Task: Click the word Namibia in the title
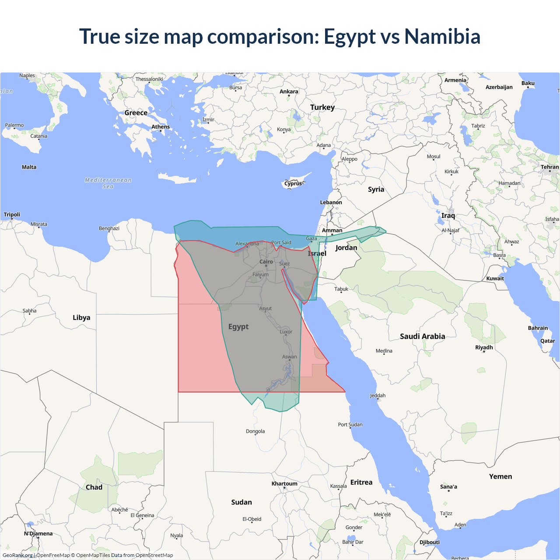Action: [442, 36]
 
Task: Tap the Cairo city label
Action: [266, 262]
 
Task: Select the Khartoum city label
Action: [284, 483]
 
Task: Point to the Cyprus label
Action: [293, 184]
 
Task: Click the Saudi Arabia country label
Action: [422, 336]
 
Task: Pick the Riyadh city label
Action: [484, 347]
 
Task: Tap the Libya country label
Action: [81, 318]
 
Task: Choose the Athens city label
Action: [161, 127]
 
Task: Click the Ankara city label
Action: [289, 91]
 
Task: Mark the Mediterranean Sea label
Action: [108, 183]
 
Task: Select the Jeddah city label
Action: [378, 395]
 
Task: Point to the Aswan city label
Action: [289, 357]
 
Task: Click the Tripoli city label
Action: [12, 214]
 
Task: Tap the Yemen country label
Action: [500, 476]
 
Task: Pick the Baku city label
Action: [528, 83]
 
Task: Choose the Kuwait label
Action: [495, 278]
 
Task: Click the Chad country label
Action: [94, 487]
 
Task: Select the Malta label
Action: [29, 167]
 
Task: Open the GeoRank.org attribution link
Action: [17, 555]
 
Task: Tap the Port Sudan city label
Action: [350, 424]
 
